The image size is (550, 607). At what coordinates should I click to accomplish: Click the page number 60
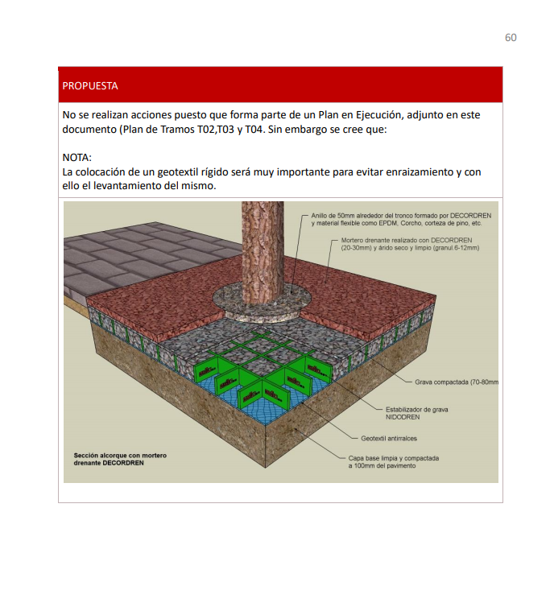pos(511,38)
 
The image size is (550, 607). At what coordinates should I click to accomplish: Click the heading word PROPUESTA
pos(90,86)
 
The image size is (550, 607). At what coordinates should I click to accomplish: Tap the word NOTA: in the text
pos(77,158)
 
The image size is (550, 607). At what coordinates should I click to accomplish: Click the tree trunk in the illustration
pos(263,252)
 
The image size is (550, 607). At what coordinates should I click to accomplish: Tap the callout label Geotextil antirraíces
pos(389,439)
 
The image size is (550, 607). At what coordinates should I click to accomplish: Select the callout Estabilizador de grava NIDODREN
pos(417,413)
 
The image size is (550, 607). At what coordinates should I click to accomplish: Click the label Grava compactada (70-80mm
pos(457,382)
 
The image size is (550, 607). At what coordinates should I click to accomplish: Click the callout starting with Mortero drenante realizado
pos(410,244)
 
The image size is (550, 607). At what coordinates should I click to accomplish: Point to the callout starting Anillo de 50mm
pos(401,220)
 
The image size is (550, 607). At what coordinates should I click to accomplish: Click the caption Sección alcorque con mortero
pos(120,456)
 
